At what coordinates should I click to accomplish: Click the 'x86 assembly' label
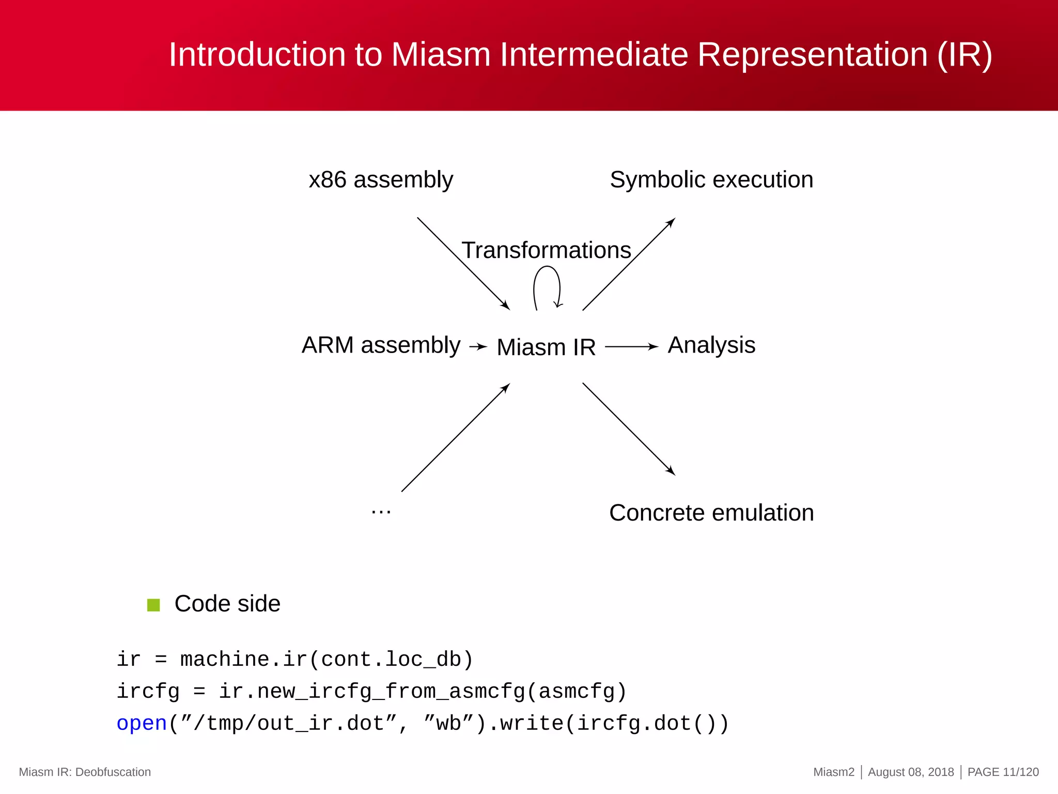coord(381,180)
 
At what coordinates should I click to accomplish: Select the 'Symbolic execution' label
coord(711,180)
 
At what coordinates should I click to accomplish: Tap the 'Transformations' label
coord(546,250)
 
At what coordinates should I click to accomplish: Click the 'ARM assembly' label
coord(381,345)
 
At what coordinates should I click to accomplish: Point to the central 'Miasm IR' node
coord(546,347)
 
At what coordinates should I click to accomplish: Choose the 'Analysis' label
coord(711,345)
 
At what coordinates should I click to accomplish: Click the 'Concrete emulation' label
coord(711,513)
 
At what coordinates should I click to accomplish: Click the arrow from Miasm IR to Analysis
coord(631,347)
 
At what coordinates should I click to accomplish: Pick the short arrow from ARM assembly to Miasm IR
coord(478,347)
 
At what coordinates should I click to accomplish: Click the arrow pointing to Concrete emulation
coord(629,429)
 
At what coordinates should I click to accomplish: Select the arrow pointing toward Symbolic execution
coord(629,264)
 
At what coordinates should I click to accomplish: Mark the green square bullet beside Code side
coord(153,605)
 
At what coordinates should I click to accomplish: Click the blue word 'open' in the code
coord(142,724)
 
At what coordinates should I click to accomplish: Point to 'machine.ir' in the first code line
coord(243,660)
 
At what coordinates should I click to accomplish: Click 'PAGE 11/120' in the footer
coord(1003,772)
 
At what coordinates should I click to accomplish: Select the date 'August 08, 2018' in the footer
coord(911,772)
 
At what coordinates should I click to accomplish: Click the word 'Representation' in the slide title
coord(813,54)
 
